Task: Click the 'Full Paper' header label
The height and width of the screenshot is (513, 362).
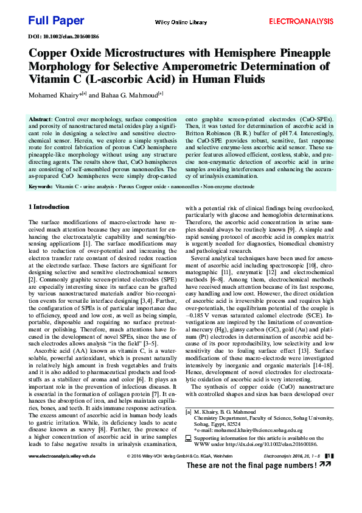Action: click(x=56, y=21)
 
